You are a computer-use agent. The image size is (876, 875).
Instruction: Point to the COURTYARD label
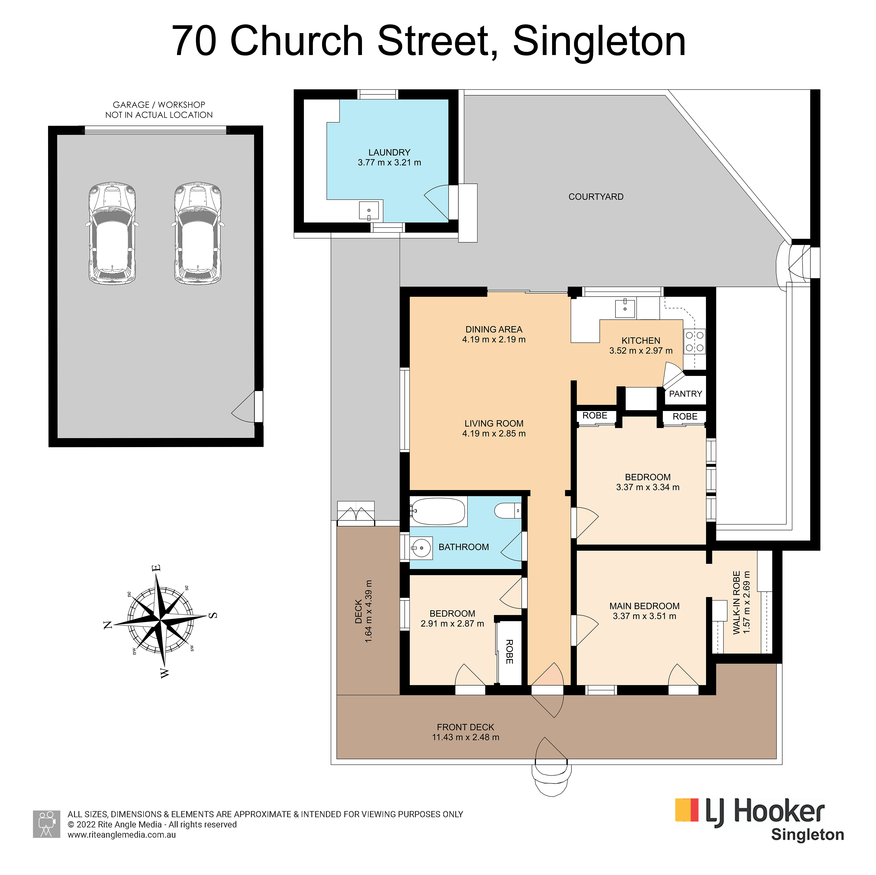[x=596, y=197]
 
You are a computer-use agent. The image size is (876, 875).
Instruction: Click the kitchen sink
[x=625, y=308]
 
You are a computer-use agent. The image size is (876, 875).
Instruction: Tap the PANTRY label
[x=685, y=394]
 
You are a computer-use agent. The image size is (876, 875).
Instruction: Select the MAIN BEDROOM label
[x=644, y=606]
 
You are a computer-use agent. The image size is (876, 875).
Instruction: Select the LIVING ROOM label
[x=494, y=423]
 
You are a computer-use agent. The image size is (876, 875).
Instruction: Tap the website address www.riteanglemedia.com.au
[x=122, y=835]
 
